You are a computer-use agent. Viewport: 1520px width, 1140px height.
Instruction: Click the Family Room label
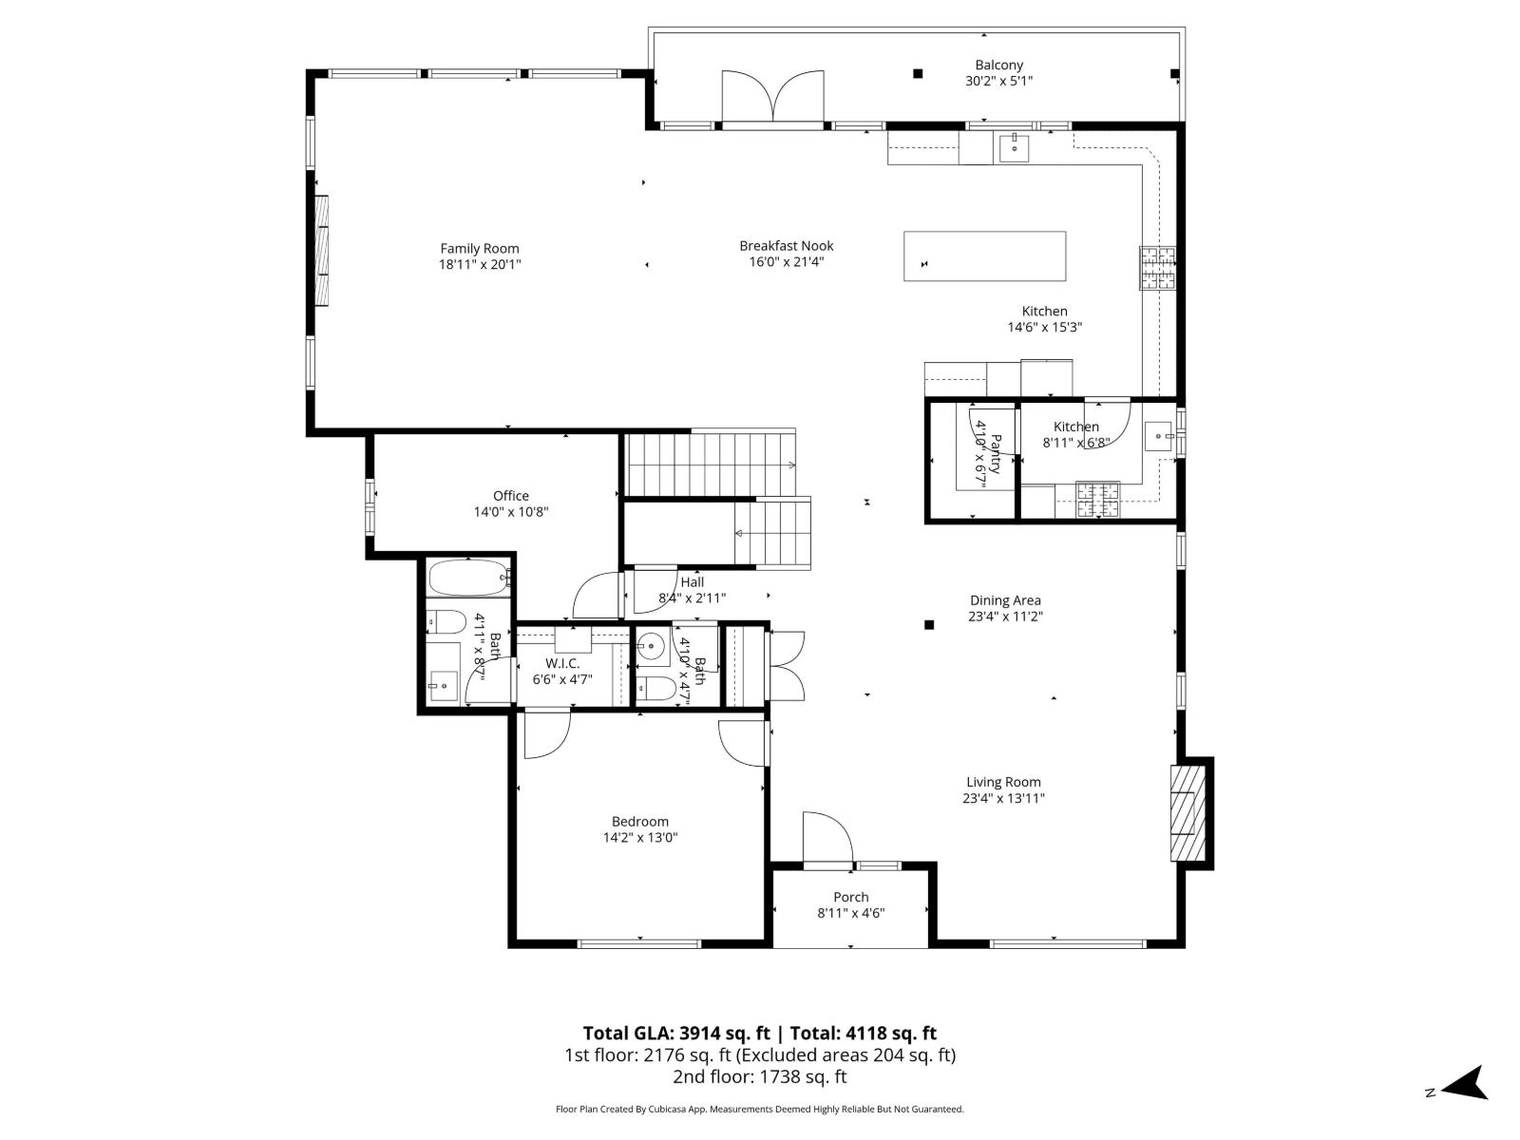pos(480,249)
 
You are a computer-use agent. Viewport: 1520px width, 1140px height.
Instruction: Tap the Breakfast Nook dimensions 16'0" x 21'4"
pos(787,261)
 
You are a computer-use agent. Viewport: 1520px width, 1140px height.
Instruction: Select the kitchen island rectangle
pos(984,256)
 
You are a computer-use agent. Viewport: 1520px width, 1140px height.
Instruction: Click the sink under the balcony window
pos(1015,148)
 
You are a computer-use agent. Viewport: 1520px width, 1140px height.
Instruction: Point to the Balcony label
pos(998,66)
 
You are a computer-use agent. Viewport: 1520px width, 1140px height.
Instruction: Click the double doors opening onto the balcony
pos(772,98)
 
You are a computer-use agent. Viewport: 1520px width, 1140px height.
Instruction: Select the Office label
pos(511,496)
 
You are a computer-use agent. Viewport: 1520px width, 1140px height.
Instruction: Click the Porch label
pos(851,897)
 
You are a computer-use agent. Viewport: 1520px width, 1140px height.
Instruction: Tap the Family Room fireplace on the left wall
pos(322,251)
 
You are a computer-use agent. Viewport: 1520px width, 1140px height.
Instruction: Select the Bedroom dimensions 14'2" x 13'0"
pos(640,838)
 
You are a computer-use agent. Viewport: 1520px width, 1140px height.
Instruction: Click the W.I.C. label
pos(562,663)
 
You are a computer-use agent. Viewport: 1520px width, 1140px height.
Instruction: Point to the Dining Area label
pos(1005,600)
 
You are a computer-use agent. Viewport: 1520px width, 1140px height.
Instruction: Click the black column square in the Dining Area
pos(929,624)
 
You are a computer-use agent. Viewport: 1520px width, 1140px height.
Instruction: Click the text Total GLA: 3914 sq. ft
pos(675,1034)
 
